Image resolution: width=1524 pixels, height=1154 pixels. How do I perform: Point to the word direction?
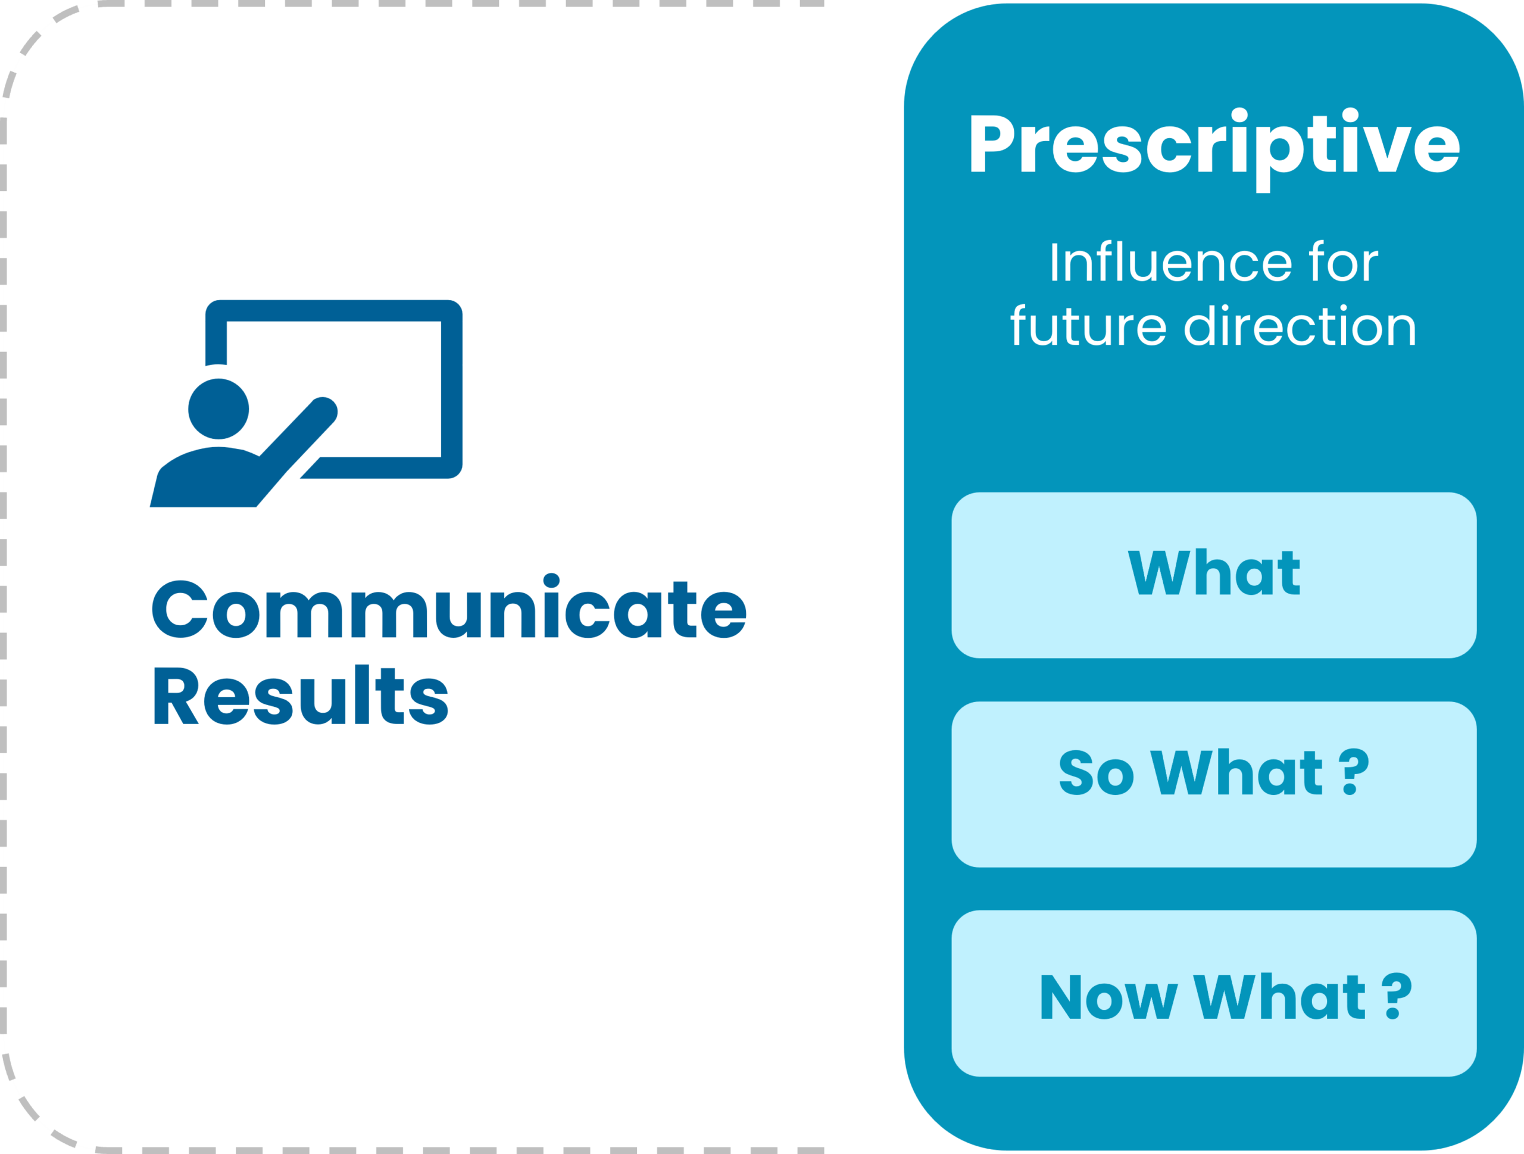(x=1300, y=326)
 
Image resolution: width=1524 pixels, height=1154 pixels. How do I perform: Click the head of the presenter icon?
(x=218, y=408)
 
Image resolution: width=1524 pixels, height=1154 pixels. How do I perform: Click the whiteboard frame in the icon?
(x=451, y=386)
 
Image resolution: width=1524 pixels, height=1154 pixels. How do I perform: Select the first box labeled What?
(x=1213, y=575)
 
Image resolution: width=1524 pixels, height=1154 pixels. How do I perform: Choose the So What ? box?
(x=1213, y=784)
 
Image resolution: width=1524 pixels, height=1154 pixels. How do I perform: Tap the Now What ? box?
(x=1213, y=993)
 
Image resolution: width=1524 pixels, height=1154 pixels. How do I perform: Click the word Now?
(x=1107, y=997)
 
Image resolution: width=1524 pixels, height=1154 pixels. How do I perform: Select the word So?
(x=1095, y=773)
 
